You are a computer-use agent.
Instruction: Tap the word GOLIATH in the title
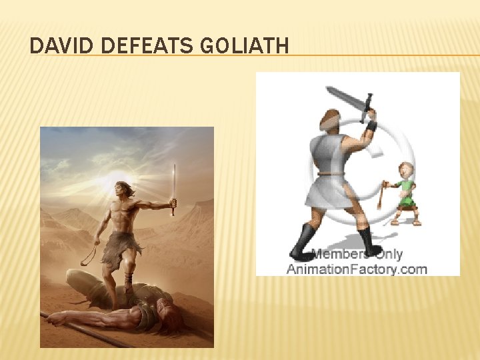tap(247, 46)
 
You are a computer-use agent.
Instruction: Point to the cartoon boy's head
tap(405, 171)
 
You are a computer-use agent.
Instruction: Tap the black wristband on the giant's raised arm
tap(371, 125)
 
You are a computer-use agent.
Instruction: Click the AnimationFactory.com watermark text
tap(357, 269)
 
